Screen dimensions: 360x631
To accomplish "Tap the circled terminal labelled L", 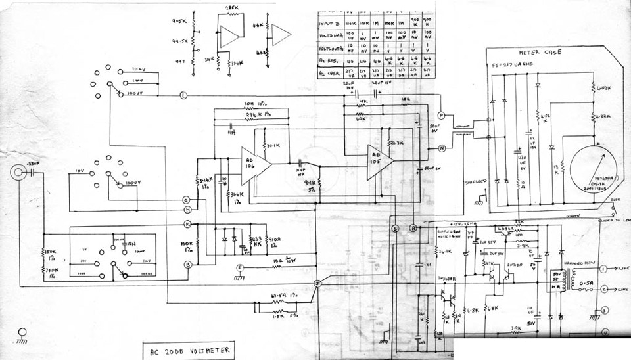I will point(183,96).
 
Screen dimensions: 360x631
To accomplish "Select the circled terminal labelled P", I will point(442,116).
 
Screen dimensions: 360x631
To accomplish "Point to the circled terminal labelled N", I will point(442,148).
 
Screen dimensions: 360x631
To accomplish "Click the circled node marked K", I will point(187,224).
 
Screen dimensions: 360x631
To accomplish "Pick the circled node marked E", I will point(240,267).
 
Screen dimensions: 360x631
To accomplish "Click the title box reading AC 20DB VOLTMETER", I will point(188,350).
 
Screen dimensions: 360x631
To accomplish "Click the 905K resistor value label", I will point(178,21).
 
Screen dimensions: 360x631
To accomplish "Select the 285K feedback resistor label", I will point(231,9).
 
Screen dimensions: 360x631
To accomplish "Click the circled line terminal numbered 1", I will point(603,268).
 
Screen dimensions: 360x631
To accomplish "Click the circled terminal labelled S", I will point(396,228).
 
